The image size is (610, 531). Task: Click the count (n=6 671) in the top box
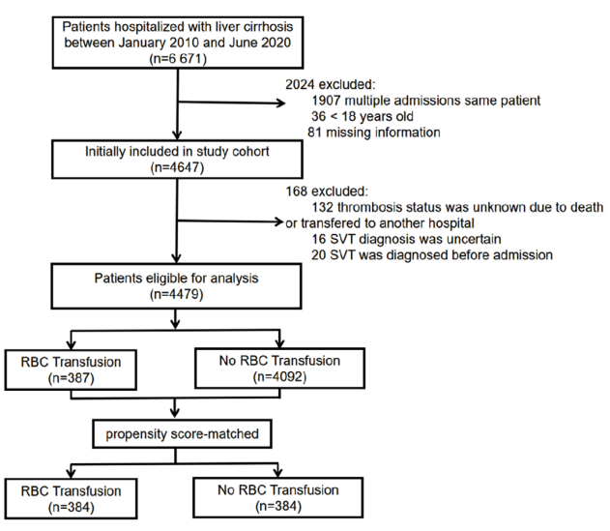[178, 59]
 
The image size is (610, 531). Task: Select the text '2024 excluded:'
[331, 84]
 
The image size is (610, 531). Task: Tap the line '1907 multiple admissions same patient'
[426, 101]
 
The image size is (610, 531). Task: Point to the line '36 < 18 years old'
[363, 116]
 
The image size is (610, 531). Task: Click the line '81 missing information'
[374, 133]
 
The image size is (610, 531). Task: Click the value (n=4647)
[177, 167]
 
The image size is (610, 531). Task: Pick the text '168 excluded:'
[327, 192]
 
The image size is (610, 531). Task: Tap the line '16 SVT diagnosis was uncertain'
[406, 239]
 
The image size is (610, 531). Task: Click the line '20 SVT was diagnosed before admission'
[432, 255]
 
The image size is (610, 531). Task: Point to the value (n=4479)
[176, 294]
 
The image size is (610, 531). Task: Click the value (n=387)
[72, 378]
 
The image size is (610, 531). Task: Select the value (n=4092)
[279, 377]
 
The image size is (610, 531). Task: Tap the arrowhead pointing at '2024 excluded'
[281, 103]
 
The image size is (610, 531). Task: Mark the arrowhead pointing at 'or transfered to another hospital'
[279, 221]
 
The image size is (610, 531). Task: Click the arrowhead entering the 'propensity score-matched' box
[175, 413]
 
